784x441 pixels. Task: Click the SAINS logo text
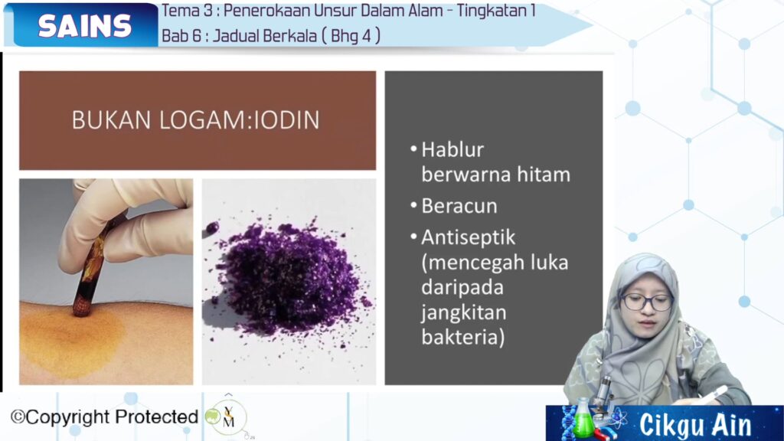click(x=84, y=26)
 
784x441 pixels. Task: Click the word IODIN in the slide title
click(x=286, y=120)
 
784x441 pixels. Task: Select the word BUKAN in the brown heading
click(x=111, y=120)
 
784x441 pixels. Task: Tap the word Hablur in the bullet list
click(x=452, y=149)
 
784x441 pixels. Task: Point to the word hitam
click(x=544, y=175)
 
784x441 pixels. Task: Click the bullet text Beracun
click(x=459, y=206)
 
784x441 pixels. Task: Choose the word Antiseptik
click(x=468, y=237)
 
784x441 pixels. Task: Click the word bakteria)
click(x=463, y=337)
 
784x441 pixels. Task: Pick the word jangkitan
click(x=464, y=312)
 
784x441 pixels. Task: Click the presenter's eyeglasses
click(x=646, y=302)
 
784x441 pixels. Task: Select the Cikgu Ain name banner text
click(x=695, y=425)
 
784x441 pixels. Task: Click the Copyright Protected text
click(x=104, y=417)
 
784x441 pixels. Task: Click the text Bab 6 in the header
click(x=179, y=36)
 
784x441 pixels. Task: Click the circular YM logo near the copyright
click(x=227, y=417)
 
